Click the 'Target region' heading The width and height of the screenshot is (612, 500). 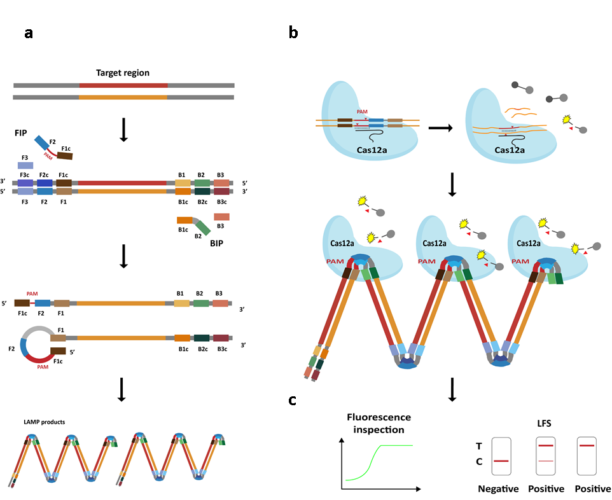click(123, 73)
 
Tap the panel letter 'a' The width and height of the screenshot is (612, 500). click(28, 34)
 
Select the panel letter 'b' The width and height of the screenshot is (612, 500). click(293, 33)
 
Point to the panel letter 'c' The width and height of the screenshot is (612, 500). click(292, 400)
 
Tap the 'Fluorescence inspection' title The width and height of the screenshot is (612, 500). click(379, 423)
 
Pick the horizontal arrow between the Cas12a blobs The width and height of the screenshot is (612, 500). click(441, 128)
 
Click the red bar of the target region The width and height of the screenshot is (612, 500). click(123, 85)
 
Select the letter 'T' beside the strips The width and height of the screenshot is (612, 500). click(479, 446)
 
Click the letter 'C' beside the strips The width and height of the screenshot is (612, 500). click(479, 462)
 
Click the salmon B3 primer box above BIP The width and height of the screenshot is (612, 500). click(222, 217)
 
